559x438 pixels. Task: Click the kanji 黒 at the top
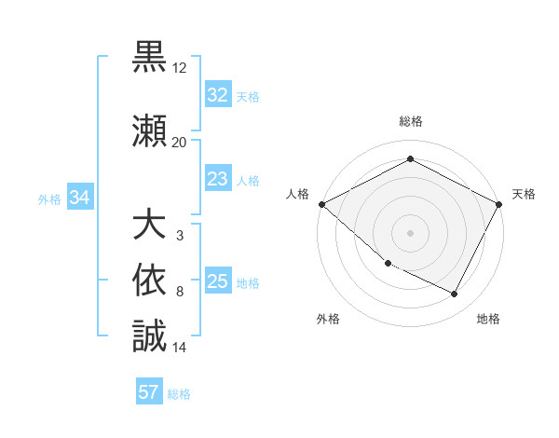tap(150, 58)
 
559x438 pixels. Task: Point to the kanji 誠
tap(150, 336)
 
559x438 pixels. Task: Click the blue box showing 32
tap(217, 95)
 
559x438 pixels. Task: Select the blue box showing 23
tap(217, 179)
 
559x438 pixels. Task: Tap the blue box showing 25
tap(217, 281)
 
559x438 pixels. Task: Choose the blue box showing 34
tap(80, 198)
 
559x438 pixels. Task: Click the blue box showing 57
tap(149, 392)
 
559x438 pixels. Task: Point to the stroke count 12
tap(180, 68)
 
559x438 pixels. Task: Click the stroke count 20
tap(180, 142)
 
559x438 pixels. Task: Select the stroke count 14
tap(180, 348)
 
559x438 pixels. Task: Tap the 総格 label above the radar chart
tap(410, 122)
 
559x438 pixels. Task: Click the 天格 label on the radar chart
tap(524, 194)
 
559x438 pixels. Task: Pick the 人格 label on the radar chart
tap(298, 194)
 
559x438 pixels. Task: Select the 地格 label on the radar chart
tap(488, 319)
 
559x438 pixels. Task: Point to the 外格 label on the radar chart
tap(328, 319)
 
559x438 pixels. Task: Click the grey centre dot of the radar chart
tap(410, 232)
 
